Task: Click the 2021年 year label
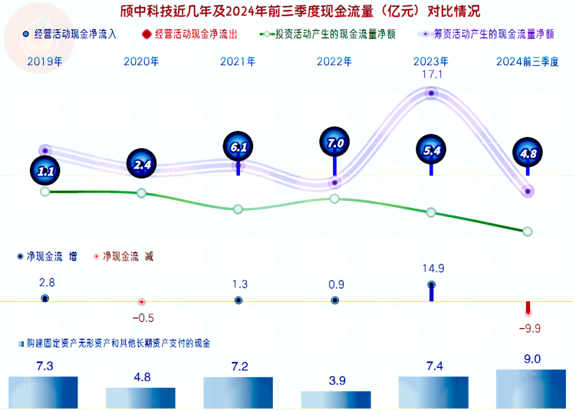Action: coord(238,61)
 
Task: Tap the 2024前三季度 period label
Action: coord(527,61)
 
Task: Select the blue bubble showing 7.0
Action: coord(335,143)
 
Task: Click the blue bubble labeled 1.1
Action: coord(45,171)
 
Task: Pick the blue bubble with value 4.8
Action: coord(528,154)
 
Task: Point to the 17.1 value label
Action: coord(431,75)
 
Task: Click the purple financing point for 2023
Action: coord(431,93)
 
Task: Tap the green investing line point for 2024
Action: coord(527,231)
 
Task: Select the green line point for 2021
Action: coord(238,209)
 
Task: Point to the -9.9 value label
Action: coord(529,328)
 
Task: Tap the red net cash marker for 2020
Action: coord(141,302)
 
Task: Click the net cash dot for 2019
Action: coord(45,298)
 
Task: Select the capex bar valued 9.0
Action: coord(531,389)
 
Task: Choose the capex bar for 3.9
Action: coord(335,400)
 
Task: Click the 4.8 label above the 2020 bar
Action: coord(141,377)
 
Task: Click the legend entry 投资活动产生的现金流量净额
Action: coord(328,34)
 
